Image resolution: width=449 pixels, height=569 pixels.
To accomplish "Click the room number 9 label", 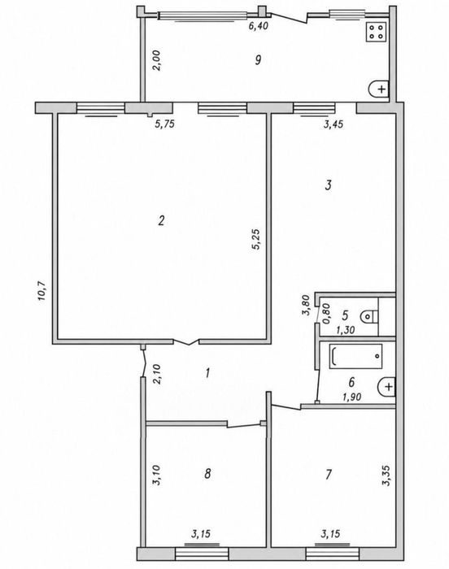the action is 258,59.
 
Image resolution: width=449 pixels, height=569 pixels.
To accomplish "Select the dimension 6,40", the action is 259,26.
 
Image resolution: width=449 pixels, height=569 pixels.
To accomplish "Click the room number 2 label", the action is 161,220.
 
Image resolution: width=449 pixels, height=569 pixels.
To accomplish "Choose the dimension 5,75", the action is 165,124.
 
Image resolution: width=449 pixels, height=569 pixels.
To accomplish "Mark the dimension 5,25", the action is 256,239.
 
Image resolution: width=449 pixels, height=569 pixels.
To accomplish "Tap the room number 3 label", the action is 328,185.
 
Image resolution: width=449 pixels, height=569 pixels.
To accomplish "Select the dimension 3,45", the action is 333,124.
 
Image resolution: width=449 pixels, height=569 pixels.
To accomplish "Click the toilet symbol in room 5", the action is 370,317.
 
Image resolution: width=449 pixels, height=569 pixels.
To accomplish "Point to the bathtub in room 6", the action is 356,356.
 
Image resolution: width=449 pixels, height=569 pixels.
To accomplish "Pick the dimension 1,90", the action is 351,397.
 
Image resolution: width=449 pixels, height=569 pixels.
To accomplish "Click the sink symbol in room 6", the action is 386,387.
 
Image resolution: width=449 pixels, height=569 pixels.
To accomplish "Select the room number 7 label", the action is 329,474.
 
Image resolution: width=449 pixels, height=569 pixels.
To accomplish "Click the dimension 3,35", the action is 387,476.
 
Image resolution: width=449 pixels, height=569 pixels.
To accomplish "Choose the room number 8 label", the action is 207,474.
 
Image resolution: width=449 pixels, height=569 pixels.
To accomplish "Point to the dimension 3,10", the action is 157,476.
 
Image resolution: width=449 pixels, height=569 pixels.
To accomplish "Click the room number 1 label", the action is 207,372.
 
